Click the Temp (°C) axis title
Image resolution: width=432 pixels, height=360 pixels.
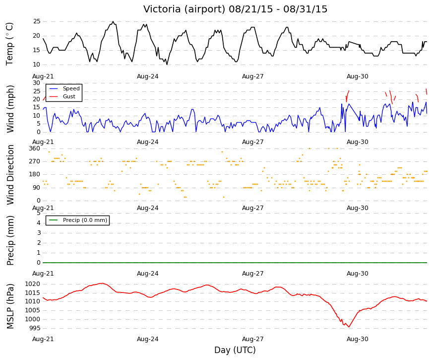[x=9, y=44]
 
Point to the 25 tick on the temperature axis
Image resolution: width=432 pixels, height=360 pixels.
[x=37, y=21]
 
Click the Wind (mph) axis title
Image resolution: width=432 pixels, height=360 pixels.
[x=10, y=109]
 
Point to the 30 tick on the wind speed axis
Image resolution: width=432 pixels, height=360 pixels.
[x=37, y=83]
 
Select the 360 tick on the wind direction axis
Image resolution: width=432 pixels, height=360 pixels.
[x=35, y=148]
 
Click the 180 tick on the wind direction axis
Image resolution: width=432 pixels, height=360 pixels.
[x=35, y=174]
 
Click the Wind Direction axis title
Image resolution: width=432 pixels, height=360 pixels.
[x=10, y=175]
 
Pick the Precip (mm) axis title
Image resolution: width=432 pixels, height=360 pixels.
[x=10, y=240]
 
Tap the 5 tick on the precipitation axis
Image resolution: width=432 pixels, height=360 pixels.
[x=39, y=213]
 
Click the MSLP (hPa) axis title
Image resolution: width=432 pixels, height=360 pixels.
[x=10, y=306]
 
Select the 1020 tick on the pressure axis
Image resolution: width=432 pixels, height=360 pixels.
[x=33, y=284]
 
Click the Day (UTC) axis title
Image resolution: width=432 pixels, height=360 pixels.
[x=235, y=350]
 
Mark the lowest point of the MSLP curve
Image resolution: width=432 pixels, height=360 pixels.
[x=349, y=327]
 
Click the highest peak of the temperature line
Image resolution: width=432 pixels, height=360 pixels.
[x=113, y=21]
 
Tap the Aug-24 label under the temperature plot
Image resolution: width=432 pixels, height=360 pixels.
[x=148, y=76]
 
